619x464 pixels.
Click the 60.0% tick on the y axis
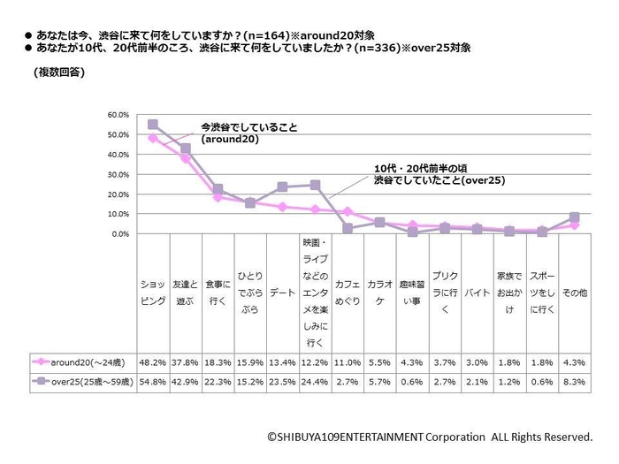click(x=118, y=115)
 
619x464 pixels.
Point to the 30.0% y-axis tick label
click(x=118, y=174)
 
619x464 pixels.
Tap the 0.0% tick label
click(x=120, y=233)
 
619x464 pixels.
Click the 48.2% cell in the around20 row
click(x=152, y=361)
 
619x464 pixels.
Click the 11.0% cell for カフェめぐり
click(x=348, y=361)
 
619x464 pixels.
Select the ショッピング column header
click(x=152, y=293)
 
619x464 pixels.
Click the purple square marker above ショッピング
click(x=152, y=125)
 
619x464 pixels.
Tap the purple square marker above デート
click(x=283, y=186)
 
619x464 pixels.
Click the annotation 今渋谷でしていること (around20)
click(x=249, y=133)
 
